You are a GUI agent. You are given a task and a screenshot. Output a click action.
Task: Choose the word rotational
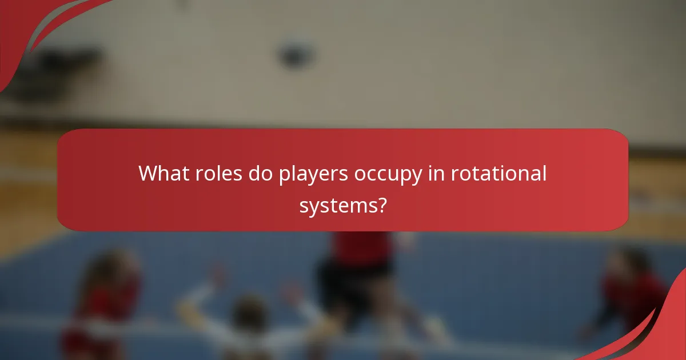click(499, 173)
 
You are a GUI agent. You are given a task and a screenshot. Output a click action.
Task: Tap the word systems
click(337, 205)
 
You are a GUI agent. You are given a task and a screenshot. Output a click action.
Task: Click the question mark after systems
click(380, 204)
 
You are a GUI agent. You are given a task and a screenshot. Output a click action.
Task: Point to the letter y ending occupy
click(420, 176)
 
